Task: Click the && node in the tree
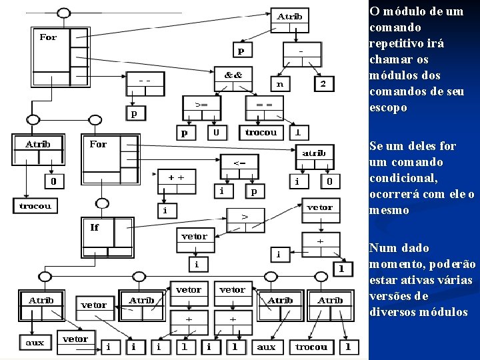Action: (233, 74)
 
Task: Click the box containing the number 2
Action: (323, 84)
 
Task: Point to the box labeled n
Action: (281, 84)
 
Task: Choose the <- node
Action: (239, 163)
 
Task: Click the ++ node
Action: (176, 178)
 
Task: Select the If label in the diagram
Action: (95, 227)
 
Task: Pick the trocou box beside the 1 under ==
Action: (261, 133)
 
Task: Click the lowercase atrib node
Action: (314, 153)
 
